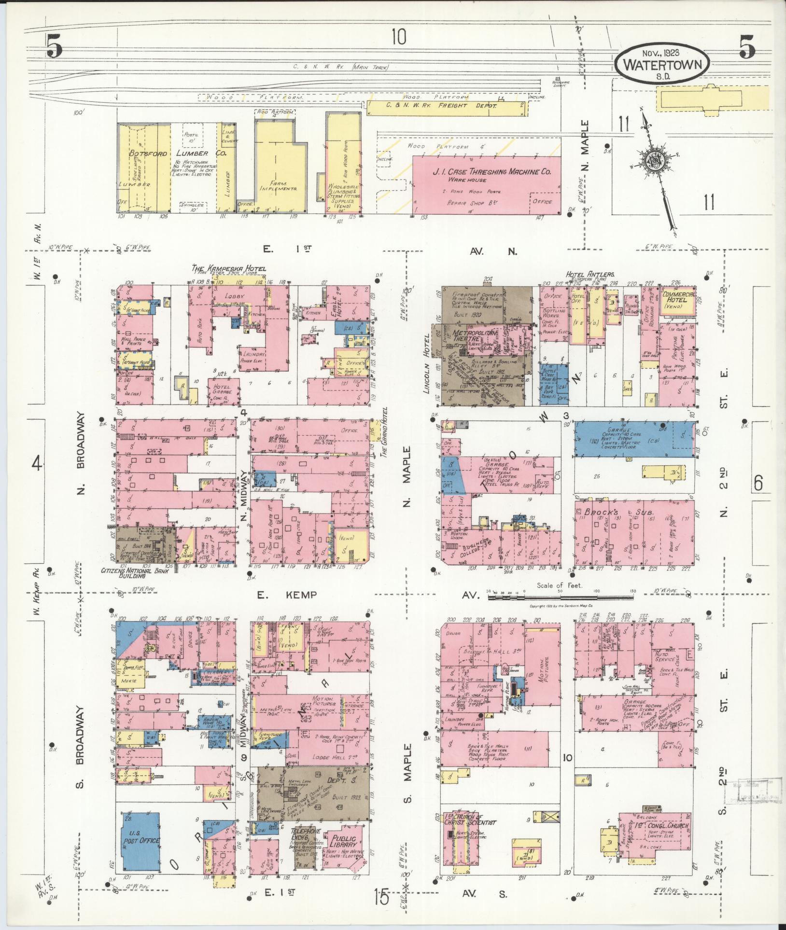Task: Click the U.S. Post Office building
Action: click(140, 840)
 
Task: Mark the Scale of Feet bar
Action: click(560, 597)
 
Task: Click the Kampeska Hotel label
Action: click(228, 268)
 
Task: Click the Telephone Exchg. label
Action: click(305, 834)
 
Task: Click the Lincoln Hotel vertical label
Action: click(427, 358)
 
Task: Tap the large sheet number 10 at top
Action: click(399, 37)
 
